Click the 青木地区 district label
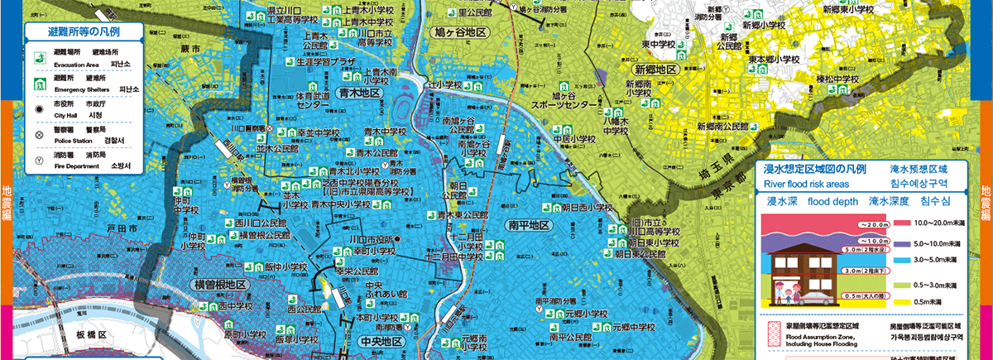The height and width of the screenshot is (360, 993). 359,94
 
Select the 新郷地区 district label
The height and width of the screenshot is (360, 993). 656,70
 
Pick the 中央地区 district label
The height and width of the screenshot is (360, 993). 381,341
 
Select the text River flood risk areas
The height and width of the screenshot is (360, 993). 808,184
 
